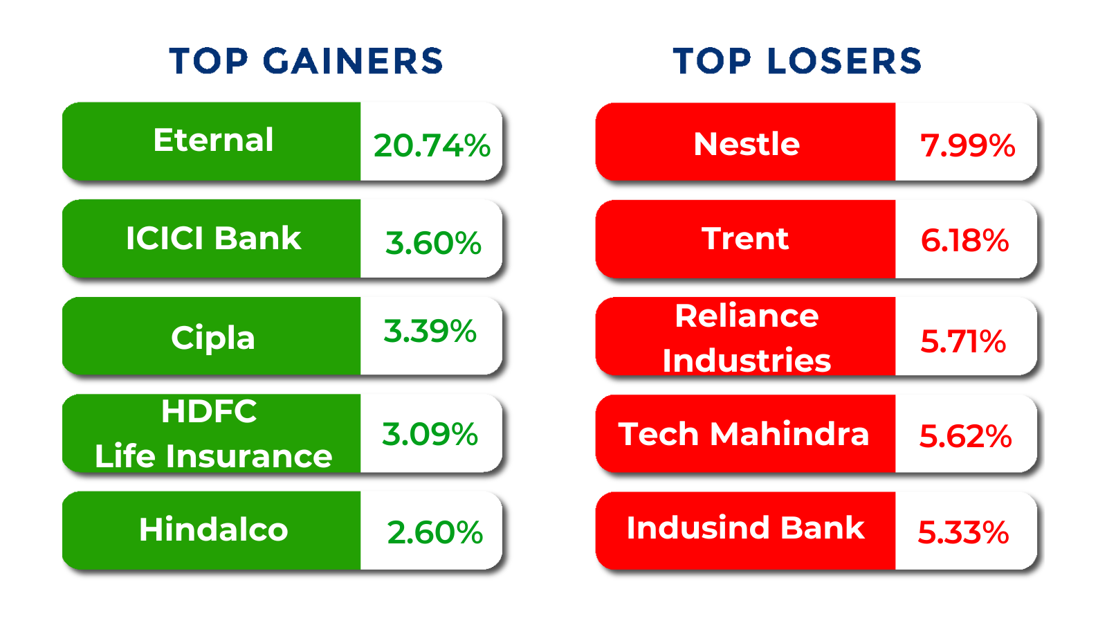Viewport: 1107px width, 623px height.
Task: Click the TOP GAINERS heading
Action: (x=306, y=61)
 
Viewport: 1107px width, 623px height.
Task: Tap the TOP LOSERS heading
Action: (x=797, y=61)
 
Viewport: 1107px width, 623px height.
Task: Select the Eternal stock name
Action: (x=213, y=140)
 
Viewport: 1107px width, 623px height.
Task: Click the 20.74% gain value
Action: (x=432, y=146)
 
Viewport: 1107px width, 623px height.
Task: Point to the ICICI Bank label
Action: (x=214, y=238)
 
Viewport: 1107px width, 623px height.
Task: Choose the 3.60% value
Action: (x=433, y=243)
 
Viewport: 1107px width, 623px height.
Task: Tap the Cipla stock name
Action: (x=213, y=338)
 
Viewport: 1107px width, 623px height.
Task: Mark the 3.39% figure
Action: (x=430, y=331)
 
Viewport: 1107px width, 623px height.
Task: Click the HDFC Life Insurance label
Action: (x=213, y=433)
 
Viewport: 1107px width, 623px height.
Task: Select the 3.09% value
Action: (x=430, y=434)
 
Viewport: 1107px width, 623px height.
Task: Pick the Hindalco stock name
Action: (x=214, y=530)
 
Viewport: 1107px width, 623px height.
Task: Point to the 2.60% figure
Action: (x=435, y=532)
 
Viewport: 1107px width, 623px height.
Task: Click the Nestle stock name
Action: (x=747, y=144)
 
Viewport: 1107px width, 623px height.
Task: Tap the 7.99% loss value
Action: (x=967, y=146)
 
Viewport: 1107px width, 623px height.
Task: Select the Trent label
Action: (x=745, y=239)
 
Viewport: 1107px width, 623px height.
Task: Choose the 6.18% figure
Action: (x=964, y=241)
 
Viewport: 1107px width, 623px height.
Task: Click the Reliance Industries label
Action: (x=747, y=338)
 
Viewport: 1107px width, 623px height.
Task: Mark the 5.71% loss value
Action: (x=962, y=341)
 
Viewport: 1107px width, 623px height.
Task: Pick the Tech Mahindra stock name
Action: (x=743, y=434)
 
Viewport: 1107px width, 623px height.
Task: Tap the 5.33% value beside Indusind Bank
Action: (x=963, y=532)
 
